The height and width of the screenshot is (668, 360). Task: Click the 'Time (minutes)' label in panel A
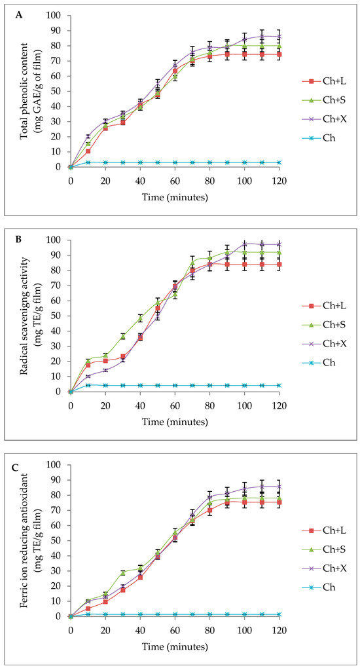(x=175, y=195)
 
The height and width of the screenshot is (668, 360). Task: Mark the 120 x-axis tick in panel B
(x=279, y=404)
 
